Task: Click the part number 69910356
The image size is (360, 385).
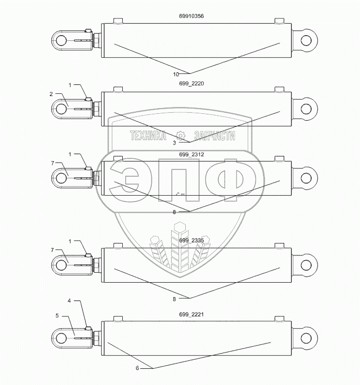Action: click(x=191, y=16)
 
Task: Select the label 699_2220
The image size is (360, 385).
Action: click(x=191, y=84)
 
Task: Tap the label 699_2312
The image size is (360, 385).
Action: click(x=191, y=154)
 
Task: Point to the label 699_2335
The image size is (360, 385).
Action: click(x=191, y=240)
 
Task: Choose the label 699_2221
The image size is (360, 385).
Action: click(x=191, y=315)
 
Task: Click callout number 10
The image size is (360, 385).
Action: click(x=176, y=74)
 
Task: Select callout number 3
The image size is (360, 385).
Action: click(x=174, y=143)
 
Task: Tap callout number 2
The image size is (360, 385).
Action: click(x=51, y=94)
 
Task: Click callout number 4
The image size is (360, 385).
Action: click(x=69, y=301)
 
